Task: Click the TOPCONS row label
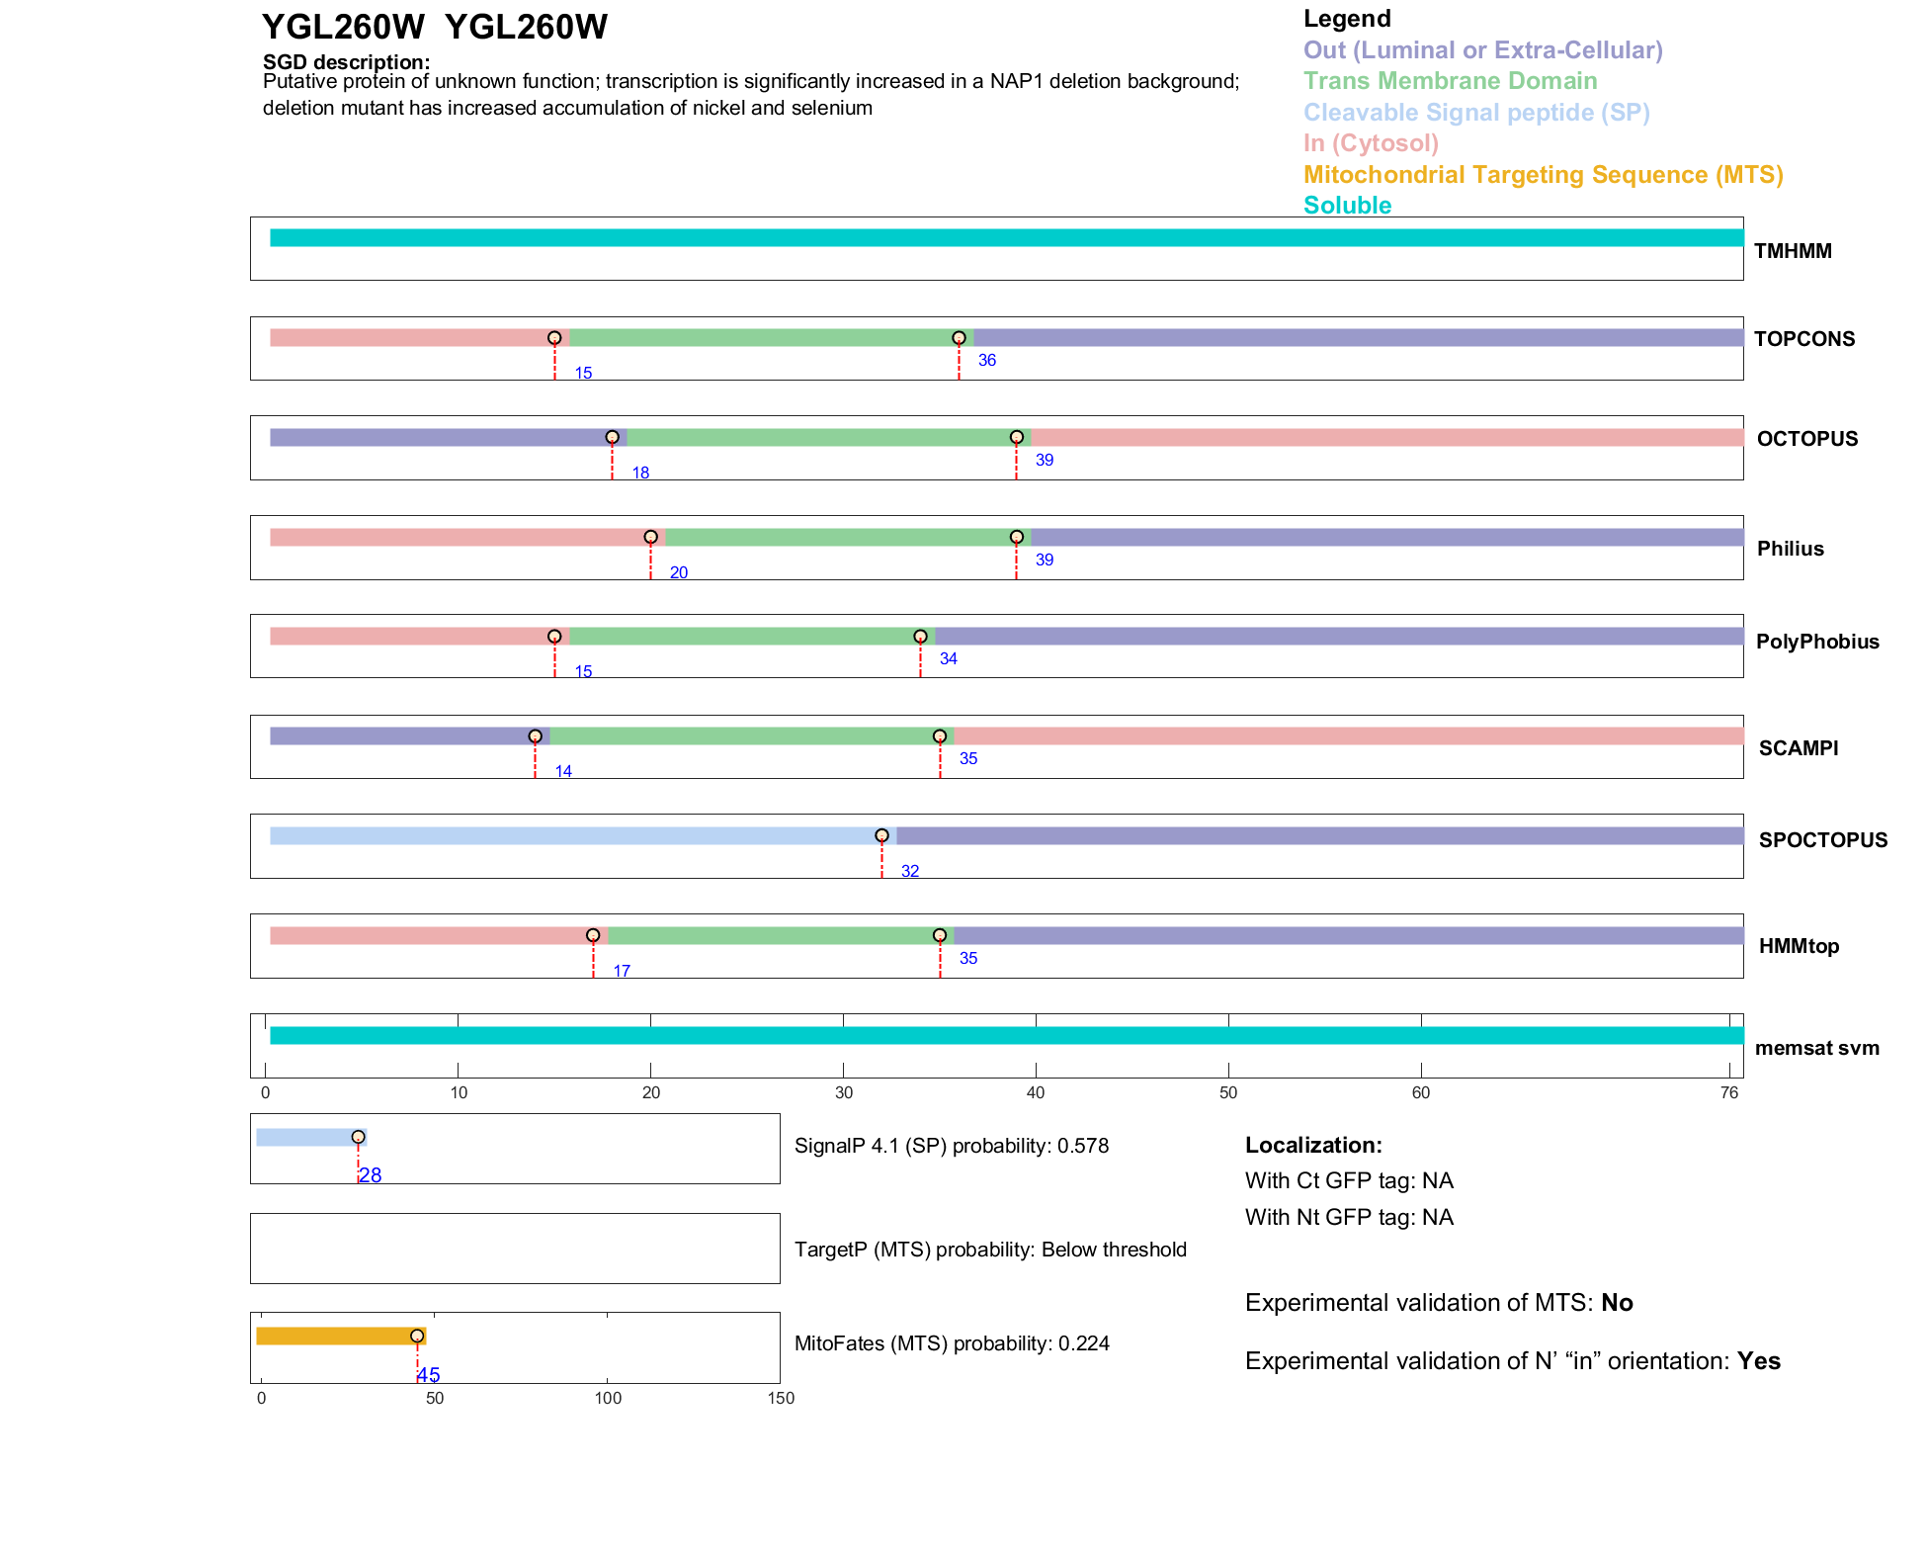pyautogui.click(x=1803, y=339)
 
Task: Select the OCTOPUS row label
pyautogui.click(x=1806, y=439)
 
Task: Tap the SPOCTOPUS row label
pyautogui.click(x=1822, y=840)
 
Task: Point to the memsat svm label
pyautogui.click(x=1816, y=1048)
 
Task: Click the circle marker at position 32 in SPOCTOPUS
pyautogui.click(x=881, y=835)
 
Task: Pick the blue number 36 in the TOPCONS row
pyautogui.click(x=986, y=360)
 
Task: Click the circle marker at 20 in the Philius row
pyautogui.click(x=650, y=537)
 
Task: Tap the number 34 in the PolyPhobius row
pyautogui.click(x=948, y=658)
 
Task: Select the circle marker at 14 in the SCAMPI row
pyautogui.click(x=535, y=736)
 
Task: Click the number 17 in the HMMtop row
pyautogui.click(x=622, y=971)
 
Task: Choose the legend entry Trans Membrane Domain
pyautogui.click(x=1450, y=81)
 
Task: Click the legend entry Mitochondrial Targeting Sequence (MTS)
pyautogui.click(x=1543, y=175)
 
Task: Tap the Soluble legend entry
pyautogui.click(x=1347, y=206)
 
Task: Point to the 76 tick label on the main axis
pyautogui.click(x=1728, y=1092)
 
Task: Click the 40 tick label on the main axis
pyautogui.click(x=1035, y=1092)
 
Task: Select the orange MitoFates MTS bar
pyautogui.click(x=340, y=1336)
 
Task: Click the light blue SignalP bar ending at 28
pyautogui.click(x=308, y=1137)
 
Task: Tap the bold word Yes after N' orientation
pyautogui.click(x=1758, y=1361)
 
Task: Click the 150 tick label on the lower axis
pyautogui.click(x=780, y=1398)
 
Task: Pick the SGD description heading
pyautogui.click(x=346, y=62)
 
